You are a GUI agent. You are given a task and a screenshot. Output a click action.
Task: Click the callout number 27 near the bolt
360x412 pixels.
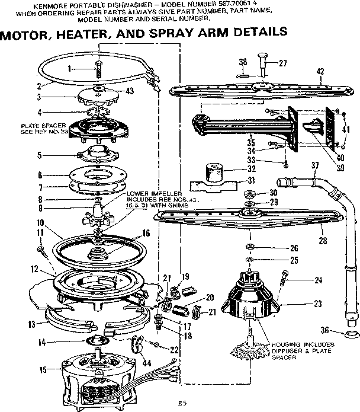coord(282,63)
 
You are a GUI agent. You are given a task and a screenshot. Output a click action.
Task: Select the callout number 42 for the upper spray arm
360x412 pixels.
coord(320,72)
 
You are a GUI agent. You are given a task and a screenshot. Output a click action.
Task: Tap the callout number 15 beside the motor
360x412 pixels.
coord(41,370)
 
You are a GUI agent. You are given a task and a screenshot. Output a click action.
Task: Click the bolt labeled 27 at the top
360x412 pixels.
coord(261,63)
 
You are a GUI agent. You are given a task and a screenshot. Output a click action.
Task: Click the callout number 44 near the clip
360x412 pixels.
coord(147,362)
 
